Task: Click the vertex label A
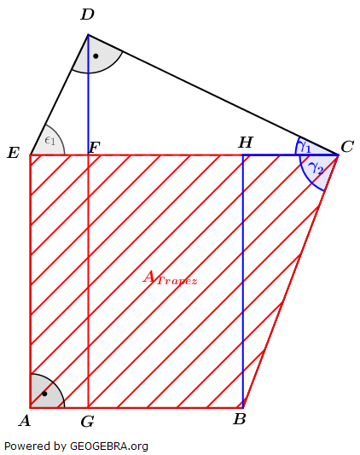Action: tap(24, 420)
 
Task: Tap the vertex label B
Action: tap(240, 419)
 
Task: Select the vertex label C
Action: tap(347, 147)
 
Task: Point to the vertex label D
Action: tap(87, 15)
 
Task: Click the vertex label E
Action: tap(13, 154)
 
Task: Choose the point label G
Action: tap(87, 421)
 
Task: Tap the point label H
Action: tap(245, 143)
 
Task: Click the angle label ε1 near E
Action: tap(49, 140)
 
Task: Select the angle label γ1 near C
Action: tap(305, 147)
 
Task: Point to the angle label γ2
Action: tap(316, 167)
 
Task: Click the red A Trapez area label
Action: tap(170, 277)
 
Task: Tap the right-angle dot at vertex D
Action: tap(96, 56)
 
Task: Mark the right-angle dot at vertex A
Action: tap(44, 394)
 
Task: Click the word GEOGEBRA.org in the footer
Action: tap(109, 446)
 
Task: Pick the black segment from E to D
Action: tap(60, 94)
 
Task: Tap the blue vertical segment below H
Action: tap(243, 282)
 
